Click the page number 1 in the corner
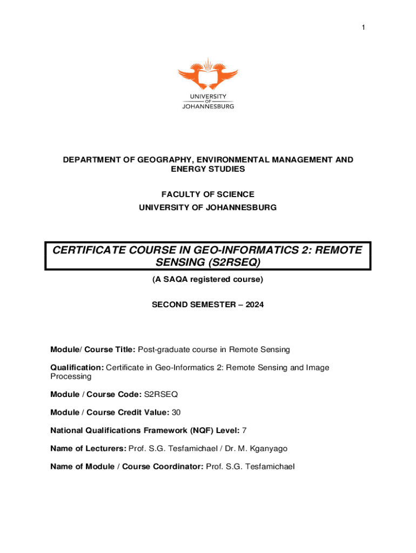pyautogui.click(x=364, y=28)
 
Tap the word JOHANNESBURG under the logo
pyautogui.click(x=208, y=107)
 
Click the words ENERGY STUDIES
pyautogui.click(x=208, y=169)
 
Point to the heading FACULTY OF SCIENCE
pyautogui.click(x=208, y=194)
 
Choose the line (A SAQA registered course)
pyautogui.click(x=208, y=280)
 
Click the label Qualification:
pyautogui.click(x=77, y=368)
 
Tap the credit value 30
pyautogui.click(x=176, y=413)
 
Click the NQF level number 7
pyautogui.click(x=245, y=430)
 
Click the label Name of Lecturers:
pyautogui.click(x=89, y=448)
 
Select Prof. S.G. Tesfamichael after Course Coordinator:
pyautogui.click(x=251, y=467)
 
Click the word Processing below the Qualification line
pyautogui.click(x=71, y=376)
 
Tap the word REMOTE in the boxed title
pyautogui.click(x=334, y=250)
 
